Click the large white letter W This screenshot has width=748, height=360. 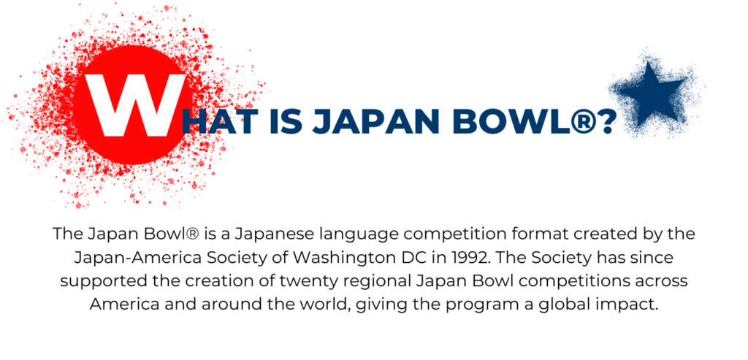[x=135, y=105]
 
